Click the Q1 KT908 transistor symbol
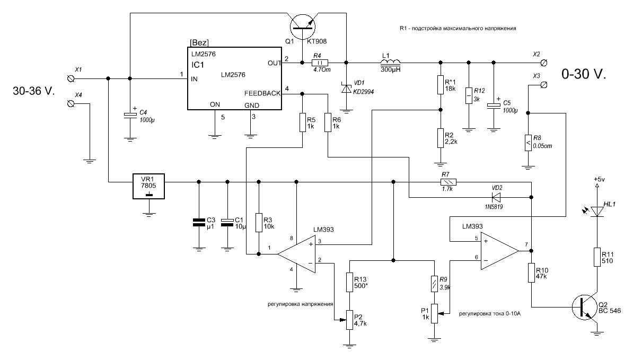click(304, 24)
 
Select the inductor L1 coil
click(390, 62)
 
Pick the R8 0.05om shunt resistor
click(527, 142)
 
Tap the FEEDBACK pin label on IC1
click(262, 93)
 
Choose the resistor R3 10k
click(259, 223)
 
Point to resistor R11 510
click(596, 257)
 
